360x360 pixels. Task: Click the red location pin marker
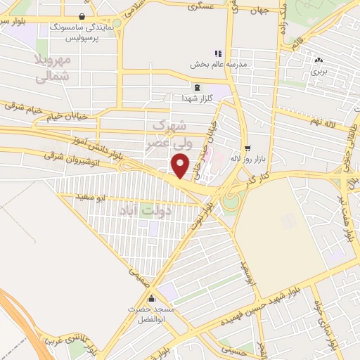coord(181,165)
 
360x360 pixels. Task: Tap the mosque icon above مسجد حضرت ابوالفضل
coord(151,298)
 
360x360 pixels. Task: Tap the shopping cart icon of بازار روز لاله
coord(247,148)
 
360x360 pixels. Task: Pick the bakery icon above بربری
coord(320,60)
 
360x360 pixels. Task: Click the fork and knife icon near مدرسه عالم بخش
coord(218,53)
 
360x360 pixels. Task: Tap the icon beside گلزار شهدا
coord(197,87)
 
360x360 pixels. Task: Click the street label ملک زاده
coord(283,21)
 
